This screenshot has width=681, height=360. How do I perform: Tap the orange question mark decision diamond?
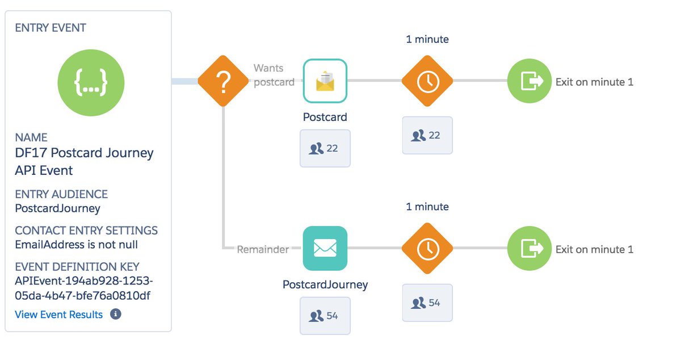pos(223,81)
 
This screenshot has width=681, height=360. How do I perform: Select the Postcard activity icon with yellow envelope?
pos(325,81)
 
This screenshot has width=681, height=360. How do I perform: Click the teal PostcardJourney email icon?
pos(325,248)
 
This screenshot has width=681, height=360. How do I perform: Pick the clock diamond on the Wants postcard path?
pos(427,81)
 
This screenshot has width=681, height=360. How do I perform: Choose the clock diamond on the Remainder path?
pos(427,248)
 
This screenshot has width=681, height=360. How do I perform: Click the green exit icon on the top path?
pos(529,81)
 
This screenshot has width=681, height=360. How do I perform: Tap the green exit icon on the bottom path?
pos(529,248)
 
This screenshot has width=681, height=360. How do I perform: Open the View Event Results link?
pos(59,315)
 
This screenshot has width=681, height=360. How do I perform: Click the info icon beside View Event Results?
pos(116,314)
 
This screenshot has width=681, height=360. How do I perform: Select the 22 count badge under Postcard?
pos(325,148)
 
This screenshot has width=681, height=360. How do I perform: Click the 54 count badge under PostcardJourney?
pos(325,315)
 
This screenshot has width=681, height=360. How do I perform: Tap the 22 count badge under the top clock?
pos(427,135)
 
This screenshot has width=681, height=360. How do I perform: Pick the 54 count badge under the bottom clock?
pos(427,303)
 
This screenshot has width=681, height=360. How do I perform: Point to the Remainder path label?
pos(263,249)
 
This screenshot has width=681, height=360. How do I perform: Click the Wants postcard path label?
pos(274,75)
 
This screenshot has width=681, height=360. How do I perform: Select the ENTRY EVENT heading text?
pos(51,28)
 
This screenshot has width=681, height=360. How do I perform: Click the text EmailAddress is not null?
pos(76,245)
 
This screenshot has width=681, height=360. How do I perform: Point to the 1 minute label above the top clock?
pos(427,39)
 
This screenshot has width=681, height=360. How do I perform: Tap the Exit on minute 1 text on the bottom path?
pos(594,249)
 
